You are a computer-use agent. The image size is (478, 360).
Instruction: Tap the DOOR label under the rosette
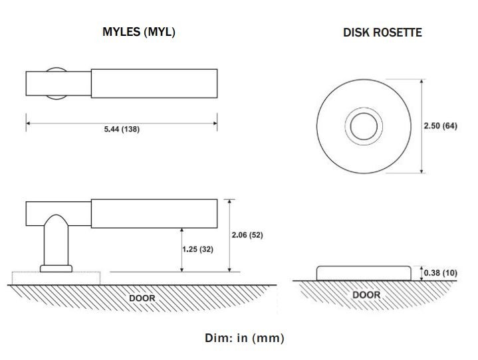click(x=366, y=294)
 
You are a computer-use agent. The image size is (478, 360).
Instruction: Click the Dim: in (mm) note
click(x=245, y=338)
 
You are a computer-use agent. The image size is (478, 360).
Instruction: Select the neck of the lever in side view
click(x=56, y=243)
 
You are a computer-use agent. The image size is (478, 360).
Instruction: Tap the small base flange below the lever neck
click(x=56, y=268)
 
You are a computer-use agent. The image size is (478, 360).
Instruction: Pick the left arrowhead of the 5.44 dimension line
click(x=28, y=122)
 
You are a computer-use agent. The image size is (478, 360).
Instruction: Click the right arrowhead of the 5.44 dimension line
click(x=215, y=122)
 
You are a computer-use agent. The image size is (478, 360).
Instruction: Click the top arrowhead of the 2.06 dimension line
click(x=229, y=201)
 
